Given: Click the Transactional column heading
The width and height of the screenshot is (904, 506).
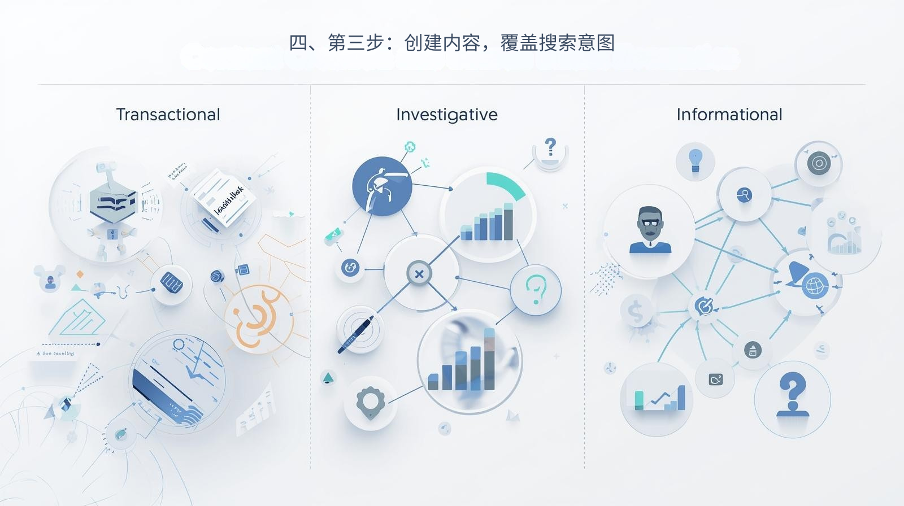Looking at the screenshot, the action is tap(168, 115).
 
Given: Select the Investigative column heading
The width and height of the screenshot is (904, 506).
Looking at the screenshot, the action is tap(446, 115).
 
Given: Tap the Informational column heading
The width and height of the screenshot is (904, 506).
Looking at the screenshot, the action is tap(729, 115).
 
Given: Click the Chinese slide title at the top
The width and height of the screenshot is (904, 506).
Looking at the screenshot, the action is tap(451, 43).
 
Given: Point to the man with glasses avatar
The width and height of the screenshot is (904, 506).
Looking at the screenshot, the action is tap(650, 230).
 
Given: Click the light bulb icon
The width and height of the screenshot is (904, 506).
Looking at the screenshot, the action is tap(695, 160).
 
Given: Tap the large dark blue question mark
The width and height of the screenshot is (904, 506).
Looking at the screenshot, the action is tap(792, 395).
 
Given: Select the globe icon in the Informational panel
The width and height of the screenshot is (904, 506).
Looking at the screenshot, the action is tap(815, 285).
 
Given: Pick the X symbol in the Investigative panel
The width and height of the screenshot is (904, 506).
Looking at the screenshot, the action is tap(419, 274).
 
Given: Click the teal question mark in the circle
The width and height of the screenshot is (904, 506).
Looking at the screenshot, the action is tap(535, 289).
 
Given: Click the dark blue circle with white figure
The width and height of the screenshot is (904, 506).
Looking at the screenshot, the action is tap(382, 186).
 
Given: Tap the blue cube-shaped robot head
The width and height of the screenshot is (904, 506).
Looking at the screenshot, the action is tap(113, 202).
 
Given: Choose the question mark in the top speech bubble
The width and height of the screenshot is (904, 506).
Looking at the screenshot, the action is tap(550, 147).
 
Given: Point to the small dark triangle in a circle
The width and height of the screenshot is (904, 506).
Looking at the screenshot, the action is tap(328, 378).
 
